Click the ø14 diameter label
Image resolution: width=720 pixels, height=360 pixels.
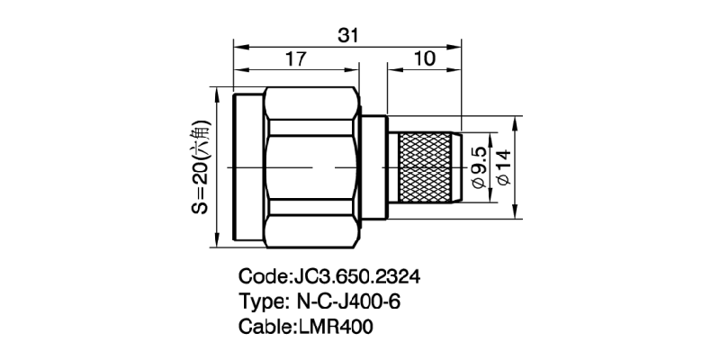point(503,166)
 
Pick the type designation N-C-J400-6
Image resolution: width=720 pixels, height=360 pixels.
point(343,301)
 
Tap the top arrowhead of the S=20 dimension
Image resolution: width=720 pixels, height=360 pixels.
point(215,93)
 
